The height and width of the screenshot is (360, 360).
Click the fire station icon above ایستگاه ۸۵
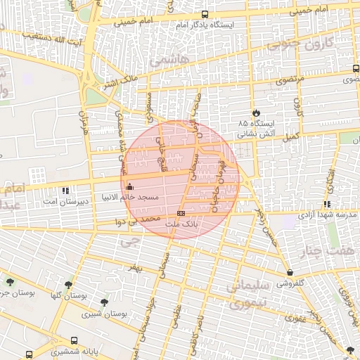point(255,112)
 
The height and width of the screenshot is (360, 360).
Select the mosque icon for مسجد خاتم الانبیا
point(129,186)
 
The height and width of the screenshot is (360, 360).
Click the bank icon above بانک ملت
point(181,213)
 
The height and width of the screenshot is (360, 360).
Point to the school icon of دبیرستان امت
point(65,190)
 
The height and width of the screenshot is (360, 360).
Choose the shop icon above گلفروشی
point(290,273)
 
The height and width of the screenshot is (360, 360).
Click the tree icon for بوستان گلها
point(68,285)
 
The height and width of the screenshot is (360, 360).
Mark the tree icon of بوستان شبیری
point(105,303)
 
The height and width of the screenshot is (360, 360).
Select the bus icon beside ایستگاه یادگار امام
point(205,14)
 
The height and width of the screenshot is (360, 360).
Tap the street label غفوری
point(294,319)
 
